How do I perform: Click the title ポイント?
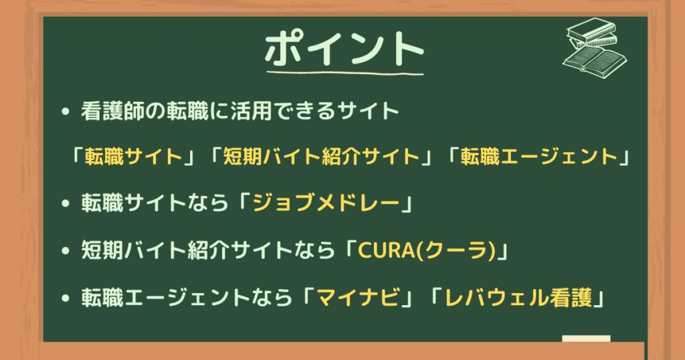click(x=345, y=48)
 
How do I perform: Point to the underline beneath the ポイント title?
click(x=345, y=72)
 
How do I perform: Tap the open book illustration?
click(x=595, y=62)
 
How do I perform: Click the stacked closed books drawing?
click(x=593, y=33)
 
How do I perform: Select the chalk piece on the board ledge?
click(x=586, y=339)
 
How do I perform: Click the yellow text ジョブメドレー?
click(x=326, y=203)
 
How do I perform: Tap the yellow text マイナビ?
click(x=358, y=298)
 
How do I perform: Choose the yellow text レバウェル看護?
click(x=518, y=298)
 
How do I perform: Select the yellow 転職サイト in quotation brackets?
click(x=133, y=157)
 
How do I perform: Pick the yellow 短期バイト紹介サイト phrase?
click(x=321, y=157)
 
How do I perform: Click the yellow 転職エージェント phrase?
click(x=539, y=157)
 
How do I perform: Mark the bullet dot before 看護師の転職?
click(x=66, y=111)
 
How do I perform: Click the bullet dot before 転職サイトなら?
click(x=66, y=203)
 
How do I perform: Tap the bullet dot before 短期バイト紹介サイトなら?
click(x=66, y=251)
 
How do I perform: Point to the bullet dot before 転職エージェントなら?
click(x=66, y=298)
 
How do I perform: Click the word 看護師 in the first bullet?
click(x=112, y=111)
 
